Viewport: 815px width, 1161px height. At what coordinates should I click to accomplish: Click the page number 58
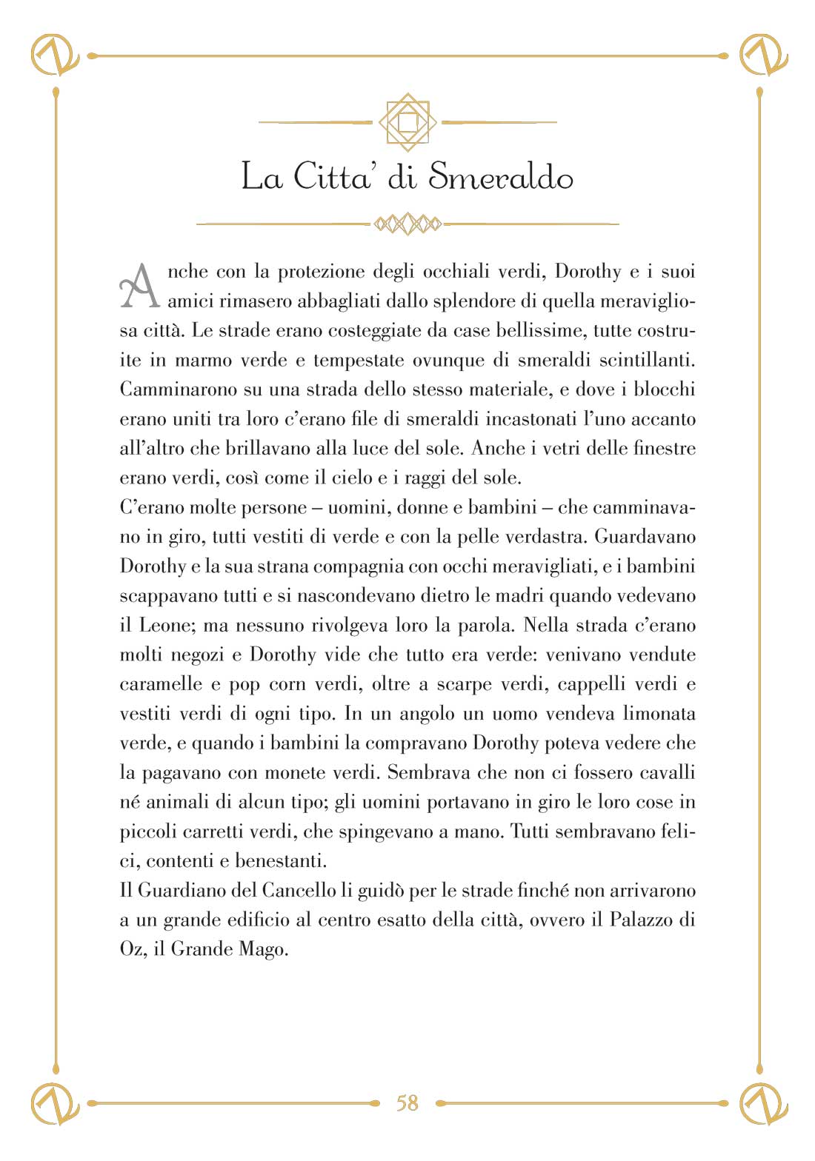point(408,1103)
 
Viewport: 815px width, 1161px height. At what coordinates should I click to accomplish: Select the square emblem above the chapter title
point(408,122)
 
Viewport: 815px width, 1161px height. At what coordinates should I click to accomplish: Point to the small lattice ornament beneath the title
point(408,223)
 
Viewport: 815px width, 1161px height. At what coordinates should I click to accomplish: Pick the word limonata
point(659,714)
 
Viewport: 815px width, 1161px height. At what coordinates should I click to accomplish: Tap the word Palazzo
point(642,920)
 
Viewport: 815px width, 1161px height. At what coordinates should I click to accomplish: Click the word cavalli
point(667,772)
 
